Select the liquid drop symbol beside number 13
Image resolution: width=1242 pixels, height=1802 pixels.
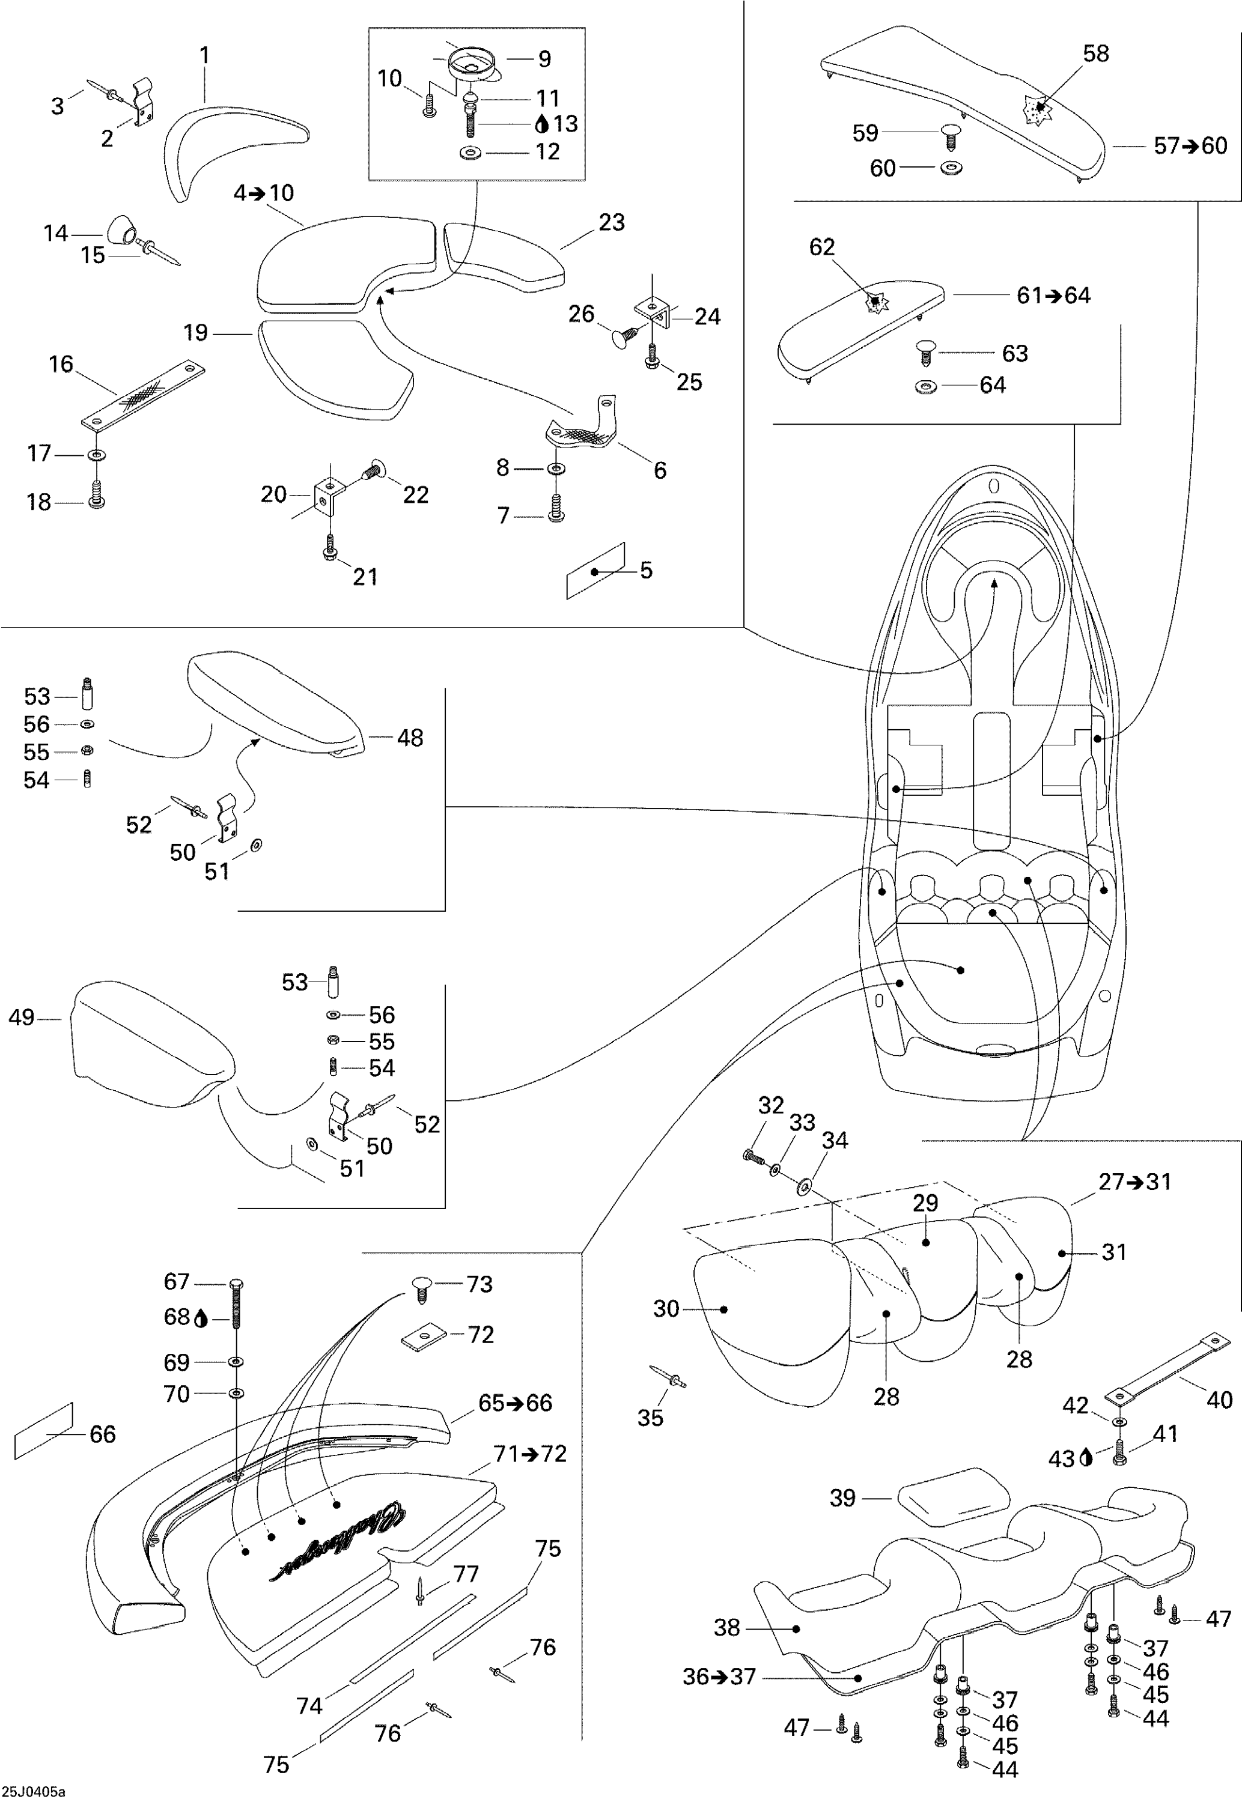tap(543, 124)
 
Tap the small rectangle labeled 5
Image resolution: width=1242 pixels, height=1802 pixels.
tap(595, 571)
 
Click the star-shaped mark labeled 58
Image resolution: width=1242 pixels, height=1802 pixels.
tap(1037, 112)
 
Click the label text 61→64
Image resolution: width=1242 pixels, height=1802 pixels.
tap(1054, 296)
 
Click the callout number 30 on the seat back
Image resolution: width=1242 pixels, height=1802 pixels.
tap(666, 1309)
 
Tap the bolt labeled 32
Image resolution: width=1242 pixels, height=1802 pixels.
tap(752, 1155)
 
